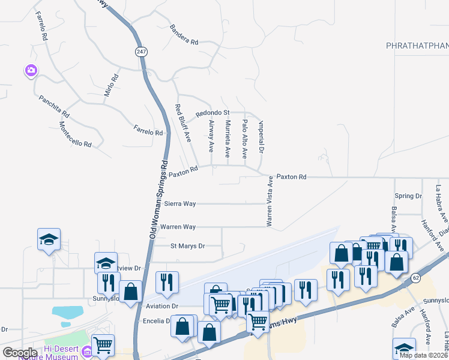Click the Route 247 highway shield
tap(140, 53)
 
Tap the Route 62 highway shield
tap(416, 278)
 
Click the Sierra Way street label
tap(180, 204)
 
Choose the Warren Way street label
tap(178, 227)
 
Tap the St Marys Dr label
tap(187, 246)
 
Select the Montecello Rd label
tap(75, 135)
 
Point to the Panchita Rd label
tap(54, 106)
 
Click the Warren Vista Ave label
tap(270, 201)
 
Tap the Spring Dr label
tap(408, 196)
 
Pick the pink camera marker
tap(31, 71)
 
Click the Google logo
tap(20, 352)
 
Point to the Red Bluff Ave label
tap(182, 123)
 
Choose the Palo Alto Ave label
tap(245, 139)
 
